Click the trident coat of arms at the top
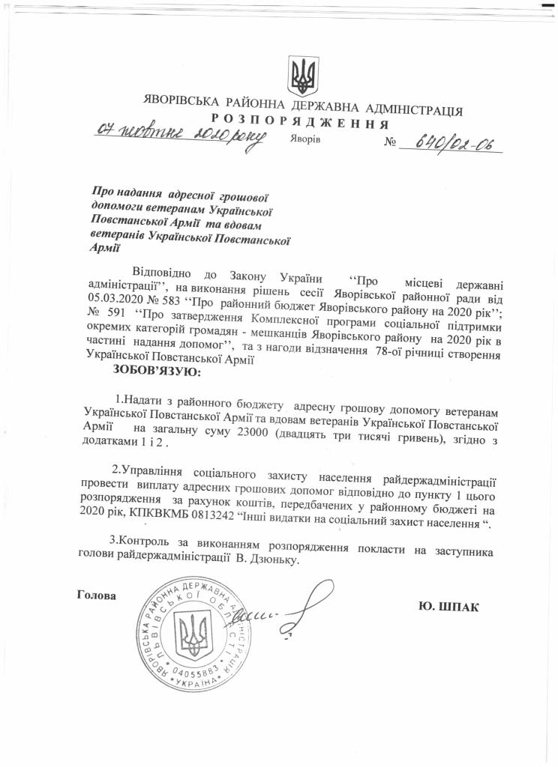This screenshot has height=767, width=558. (x=303, y=75)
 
